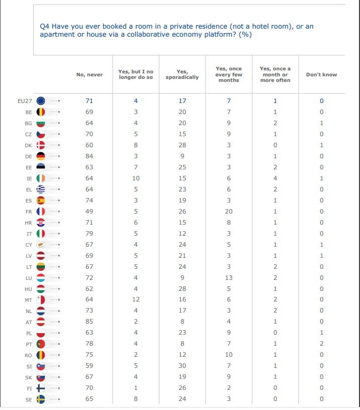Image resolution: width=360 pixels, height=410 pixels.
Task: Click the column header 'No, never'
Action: point(89,75)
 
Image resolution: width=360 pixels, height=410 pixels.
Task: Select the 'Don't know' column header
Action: point(322,75)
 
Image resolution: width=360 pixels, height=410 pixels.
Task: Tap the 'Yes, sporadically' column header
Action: point(182,74)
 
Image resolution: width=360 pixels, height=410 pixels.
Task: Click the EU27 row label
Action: point(25,101)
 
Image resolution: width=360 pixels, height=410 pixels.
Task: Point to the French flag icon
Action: point(41,211)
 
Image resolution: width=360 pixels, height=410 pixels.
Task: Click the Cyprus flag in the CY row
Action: point(41,245)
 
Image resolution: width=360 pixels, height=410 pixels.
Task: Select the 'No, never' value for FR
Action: point(89,211)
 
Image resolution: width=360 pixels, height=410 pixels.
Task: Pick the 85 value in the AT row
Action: point(89,322)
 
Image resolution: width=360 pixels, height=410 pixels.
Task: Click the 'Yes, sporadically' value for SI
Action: point(183,366)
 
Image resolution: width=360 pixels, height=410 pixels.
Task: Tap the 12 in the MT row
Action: point(136,299)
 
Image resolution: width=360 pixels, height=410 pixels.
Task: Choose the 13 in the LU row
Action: point(229,278)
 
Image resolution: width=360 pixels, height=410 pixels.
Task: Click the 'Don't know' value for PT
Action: point(322,344)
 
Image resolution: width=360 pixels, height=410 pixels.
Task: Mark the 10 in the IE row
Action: point(136,178)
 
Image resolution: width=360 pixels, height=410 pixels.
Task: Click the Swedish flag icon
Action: point(41,399)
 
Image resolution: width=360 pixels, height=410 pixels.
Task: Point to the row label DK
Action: point(28,145)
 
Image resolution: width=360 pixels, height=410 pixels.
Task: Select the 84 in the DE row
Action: point(89,156)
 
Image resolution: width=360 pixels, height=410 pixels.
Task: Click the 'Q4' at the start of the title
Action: point(44,27)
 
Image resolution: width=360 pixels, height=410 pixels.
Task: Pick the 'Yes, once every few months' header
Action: point(229,74)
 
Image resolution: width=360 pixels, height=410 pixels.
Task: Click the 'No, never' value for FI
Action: point(89,388)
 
